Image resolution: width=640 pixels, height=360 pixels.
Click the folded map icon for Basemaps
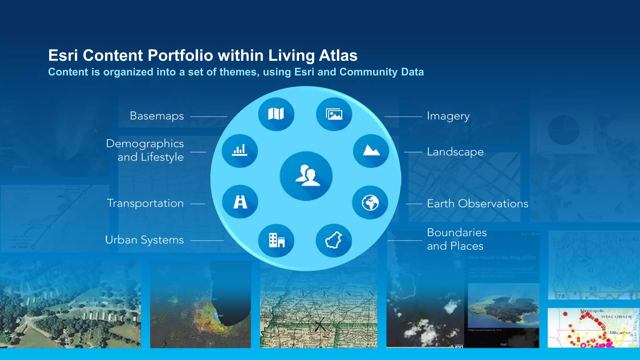(276, 114)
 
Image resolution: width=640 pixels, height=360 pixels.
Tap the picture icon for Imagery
(334, 114)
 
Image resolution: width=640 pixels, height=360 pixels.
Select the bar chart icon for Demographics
(240, 151)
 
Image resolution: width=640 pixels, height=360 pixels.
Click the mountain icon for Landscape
(371, 151)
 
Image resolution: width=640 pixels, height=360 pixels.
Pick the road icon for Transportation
(240, 202)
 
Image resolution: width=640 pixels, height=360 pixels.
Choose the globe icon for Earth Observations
(370, 202)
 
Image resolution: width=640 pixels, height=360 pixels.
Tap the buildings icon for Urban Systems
(276, 240)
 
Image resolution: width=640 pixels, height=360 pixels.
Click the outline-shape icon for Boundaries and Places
(334, 240)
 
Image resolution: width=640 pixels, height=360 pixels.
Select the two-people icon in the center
(306, 176)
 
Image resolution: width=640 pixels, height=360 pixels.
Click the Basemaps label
(157, 116)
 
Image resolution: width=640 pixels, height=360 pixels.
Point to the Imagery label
(448, 116)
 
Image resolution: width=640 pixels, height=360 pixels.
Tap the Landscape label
(455, 152)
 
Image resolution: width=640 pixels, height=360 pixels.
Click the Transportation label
(145, 203)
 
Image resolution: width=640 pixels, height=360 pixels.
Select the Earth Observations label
(477, 204)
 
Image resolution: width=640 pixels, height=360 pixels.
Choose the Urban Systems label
(144, 240)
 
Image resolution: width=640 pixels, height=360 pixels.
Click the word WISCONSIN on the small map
(616, 317)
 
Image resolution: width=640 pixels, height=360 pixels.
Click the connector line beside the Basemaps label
(208, 117)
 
